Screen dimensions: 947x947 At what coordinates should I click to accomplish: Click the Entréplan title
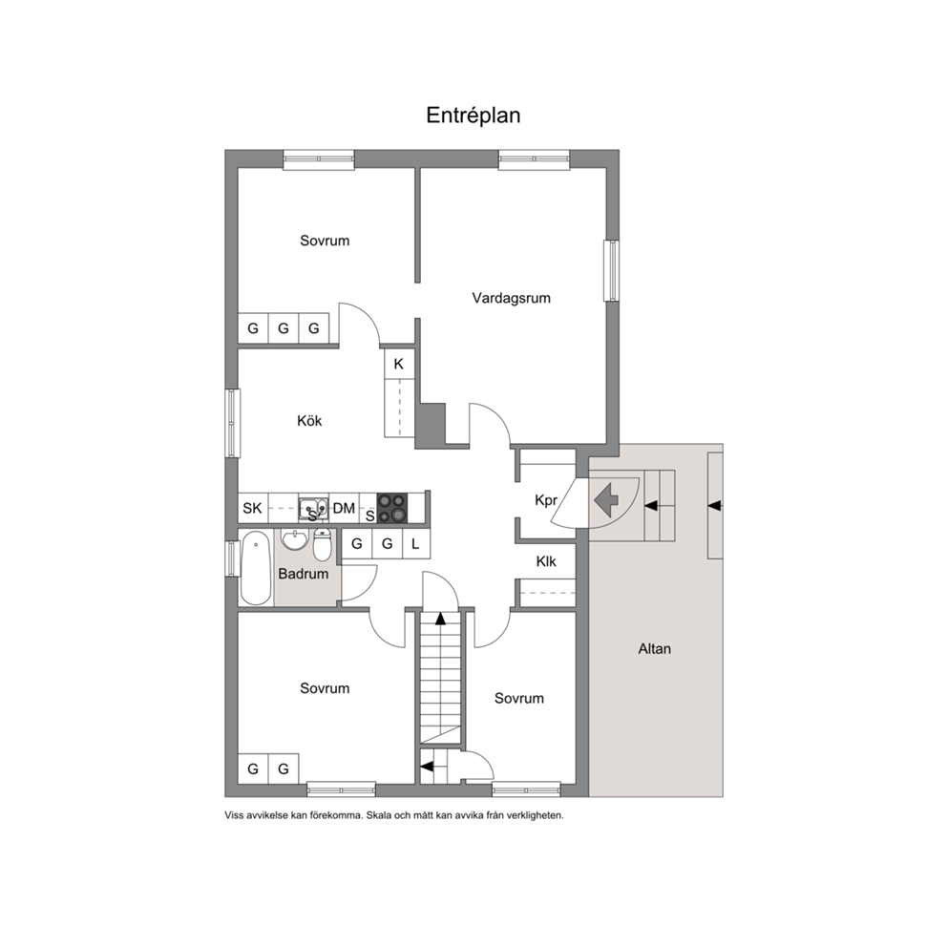coord(473,116)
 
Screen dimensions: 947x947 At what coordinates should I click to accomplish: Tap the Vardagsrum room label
coord(511,298)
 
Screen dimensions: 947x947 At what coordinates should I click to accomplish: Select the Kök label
coord(309,420)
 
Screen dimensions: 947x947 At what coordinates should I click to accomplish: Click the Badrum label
coord(304,574)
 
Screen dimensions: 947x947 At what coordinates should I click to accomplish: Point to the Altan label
coord(655,648)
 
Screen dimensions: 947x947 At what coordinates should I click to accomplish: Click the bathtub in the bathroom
coord(256,568)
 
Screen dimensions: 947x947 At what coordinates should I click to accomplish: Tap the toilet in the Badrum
coord(322,545)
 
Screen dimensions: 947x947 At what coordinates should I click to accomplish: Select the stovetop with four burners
coord(392,508)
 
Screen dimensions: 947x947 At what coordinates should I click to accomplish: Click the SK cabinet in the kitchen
coord(252,508)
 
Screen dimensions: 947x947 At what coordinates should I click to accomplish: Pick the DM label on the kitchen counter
coord(344,509)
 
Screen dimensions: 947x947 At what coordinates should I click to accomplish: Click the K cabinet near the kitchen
coord(399,364)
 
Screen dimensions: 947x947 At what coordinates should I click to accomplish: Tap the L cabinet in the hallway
coord(415,544)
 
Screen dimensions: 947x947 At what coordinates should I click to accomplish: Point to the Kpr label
coord(546,500)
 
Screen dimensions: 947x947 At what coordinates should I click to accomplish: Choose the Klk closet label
coord(546,561)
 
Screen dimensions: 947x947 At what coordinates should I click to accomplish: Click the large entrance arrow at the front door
coord(606,499)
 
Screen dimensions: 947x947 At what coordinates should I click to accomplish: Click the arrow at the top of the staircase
coord(440,618)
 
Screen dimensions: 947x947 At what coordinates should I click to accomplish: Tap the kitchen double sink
coord(314,507)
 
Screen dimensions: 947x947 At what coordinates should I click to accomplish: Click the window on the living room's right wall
coord(613,270)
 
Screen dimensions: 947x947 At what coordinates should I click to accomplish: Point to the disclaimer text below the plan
coord(393,815)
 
